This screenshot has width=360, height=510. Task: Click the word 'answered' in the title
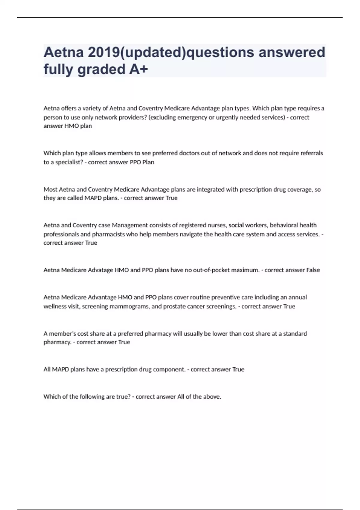[x=292, y=52]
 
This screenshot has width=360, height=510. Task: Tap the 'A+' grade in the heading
[x=139, y=69]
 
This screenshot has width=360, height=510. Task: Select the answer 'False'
[x=313, y=270]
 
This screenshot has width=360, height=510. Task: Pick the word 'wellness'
[x=55, y=306]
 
